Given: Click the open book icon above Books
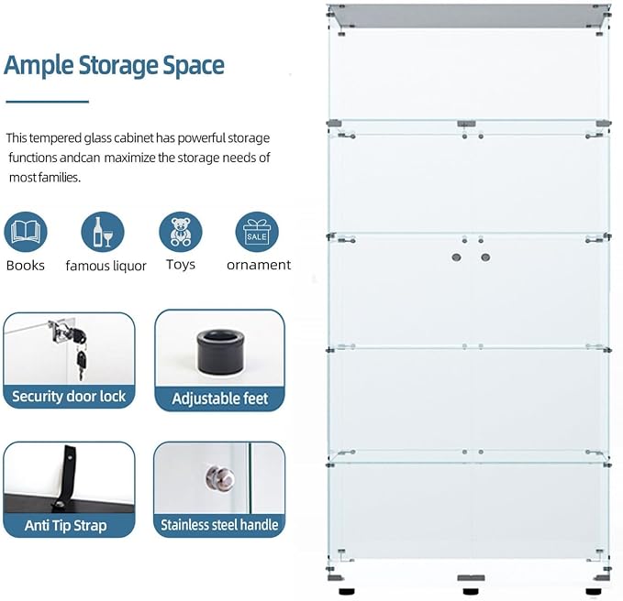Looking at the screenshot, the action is click(x=26, y=232).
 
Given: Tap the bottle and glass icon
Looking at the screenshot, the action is click(x=103, y=232).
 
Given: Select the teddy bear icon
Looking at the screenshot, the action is click(x=181, y=232).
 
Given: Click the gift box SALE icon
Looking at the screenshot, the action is click(x=257, y=232).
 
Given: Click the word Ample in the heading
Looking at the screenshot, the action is click(x=39, y=65).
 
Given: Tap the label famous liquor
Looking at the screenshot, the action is click(x=106, y=266).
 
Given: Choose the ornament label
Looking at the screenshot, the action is click(x=259, y=265).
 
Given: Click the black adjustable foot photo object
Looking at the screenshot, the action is click(x=220, y=352).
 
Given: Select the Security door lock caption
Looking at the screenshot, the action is click(x=69, y=397).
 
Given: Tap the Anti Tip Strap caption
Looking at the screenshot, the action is click(x=65, y=525).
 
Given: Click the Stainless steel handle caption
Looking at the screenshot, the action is click(x=219, y=525).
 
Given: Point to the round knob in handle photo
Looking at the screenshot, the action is click(x=220, y=477).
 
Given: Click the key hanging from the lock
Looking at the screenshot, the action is click(x=81, y=365).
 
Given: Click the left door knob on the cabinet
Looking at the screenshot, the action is click(x=457, y=257).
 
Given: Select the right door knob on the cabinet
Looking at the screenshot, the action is click(x=485, y=257).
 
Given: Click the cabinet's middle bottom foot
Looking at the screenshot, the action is click(x=471, y=592).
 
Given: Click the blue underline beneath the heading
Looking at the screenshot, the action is click(x=48, y=102).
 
